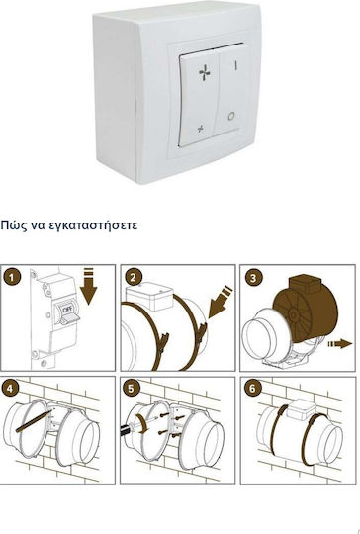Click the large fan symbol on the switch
point(205,73)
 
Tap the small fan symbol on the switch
point(201,129)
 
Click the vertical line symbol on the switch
point(235,64)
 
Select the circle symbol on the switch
point(230,116)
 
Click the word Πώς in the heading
point(10,225)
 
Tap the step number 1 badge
point(12,277)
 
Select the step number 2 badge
point(134,277)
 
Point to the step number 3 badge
point(253,278)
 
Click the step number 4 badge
point(10,388)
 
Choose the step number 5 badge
point(132,389)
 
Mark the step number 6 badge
point(252,389)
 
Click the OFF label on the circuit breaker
point(66,310)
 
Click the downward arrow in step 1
point(89,286)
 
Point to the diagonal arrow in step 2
point(220,303)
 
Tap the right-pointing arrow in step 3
point(340,343)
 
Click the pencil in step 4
point(34,421)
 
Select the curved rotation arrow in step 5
point(143,424)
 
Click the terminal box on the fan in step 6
point(302,408)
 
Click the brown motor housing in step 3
point(305,309)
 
